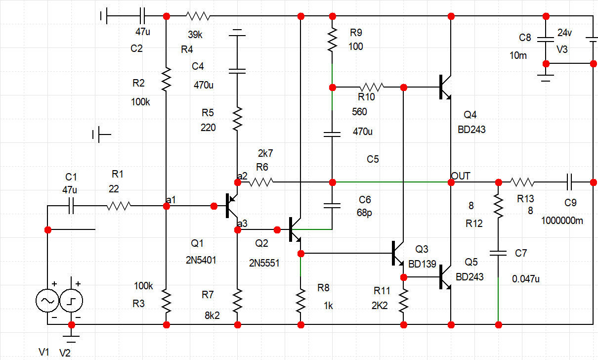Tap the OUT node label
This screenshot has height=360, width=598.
click(x=461, y=176)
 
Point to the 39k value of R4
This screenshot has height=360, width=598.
click(x=195, y=35)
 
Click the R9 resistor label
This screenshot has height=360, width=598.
click(x=356, y=33)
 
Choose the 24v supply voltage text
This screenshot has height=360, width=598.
click(x=565, y=33)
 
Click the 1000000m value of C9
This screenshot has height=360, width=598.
click(x=562, y=221)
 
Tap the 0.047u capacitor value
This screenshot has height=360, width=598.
click(x=526, y=279)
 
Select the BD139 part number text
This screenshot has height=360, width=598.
click(x=423, y=265)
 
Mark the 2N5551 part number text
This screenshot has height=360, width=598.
click(x=264, y=263)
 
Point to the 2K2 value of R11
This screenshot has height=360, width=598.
click(x=380, y=306)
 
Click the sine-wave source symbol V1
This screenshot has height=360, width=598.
click(x=48, y=300)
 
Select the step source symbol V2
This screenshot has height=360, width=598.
click(x=72, y=300)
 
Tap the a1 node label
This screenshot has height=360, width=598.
click(x=171, y=199)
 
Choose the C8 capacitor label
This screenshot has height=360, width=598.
click(x=525, y=38)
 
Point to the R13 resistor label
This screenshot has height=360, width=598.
click(x=525, y=199)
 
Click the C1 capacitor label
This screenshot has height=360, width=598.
click(x=72, y=177)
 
